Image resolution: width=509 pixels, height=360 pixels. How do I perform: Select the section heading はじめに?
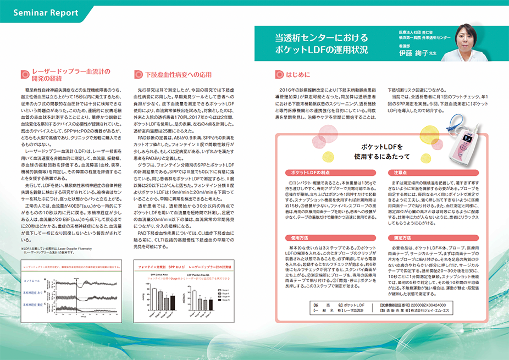298,74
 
